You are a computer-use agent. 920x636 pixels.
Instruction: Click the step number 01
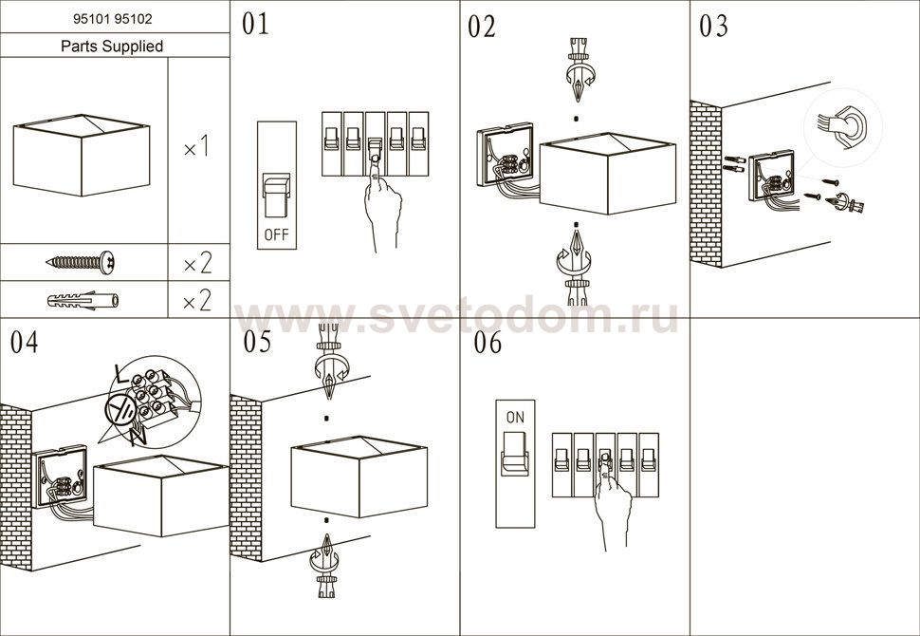[x=255, y=25]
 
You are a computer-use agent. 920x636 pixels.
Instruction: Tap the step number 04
[x=24, y=343]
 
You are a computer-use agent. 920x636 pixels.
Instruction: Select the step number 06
[x=488, y=343]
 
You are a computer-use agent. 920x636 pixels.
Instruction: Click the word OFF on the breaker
[x=276, y=234]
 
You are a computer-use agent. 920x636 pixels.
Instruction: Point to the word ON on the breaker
[x=515, y=418]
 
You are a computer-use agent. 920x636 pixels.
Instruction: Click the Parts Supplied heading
[x=112, y=46]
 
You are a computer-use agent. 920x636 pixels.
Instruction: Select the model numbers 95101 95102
[x=113, y=19]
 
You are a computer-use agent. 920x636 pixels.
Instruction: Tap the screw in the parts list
[x=81, y=263]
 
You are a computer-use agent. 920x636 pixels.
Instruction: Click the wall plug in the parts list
[x=83, y=301]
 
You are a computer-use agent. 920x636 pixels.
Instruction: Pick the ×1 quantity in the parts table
[x=196, y=148]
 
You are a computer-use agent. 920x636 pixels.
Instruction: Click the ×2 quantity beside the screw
[x=197, y=263]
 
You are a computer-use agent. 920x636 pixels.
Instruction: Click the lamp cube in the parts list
[x=82, y=155]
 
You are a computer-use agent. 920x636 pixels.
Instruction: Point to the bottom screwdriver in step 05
[x=325, y=565]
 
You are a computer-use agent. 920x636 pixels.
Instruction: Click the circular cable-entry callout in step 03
[x=843, y=128]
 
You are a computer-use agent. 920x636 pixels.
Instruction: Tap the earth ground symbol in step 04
[x=120, y=408]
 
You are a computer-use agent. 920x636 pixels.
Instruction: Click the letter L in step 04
[x=121, y=373]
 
